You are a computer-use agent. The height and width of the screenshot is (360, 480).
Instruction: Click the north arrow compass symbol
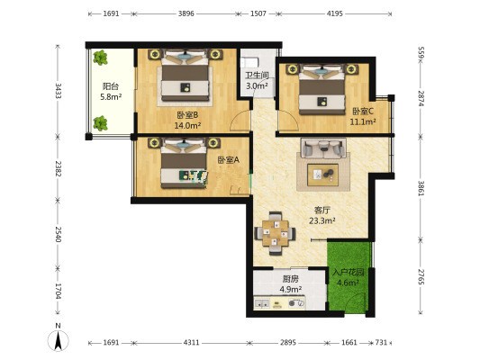coord(59,338)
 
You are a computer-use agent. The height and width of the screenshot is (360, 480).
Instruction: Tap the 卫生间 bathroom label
coord(257,76)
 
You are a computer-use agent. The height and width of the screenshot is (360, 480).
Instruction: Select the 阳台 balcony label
coord(111,86)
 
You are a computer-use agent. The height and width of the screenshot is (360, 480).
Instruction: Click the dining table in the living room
coord(276,233)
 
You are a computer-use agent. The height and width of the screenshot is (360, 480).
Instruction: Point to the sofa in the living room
coord(323,148)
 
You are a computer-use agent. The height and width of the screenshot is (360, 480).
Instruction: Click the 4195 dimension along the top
coord(335,13)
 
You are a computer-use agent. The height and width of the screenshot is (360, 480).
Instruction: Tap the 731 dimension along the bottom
coord(381,343)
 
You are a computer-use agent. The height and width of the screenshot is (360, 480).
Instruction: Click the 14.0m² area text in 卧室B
coord(187,125)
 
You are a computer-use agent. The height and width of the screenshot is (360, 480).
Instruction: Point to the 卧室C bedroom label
coord(363,112)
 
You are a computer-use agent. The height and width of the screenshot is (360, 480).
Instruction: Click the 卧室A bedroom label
coord(229,159)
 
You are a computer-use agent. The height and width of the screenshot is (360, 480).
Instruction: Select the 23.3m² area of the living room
coord(322,220)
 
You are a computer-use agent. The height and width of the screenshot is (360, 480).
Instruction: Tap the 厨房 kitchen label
coord(291,279)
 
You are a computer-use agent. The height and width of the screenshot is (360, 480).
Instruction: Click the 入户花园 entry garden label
coord(348,272)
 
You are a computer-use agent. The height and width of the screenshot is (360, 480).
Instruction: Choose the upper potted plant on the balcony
coord(100,58)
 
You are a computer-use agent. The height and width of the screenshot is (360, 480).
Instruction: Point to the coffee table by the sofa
coord(323,175)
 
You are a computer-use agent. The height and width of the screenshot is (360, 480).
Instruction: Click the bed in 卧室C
coord(322,89)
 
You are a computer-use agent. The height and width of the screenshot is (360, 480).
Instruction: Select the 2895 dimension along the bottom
coord(288,343)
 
